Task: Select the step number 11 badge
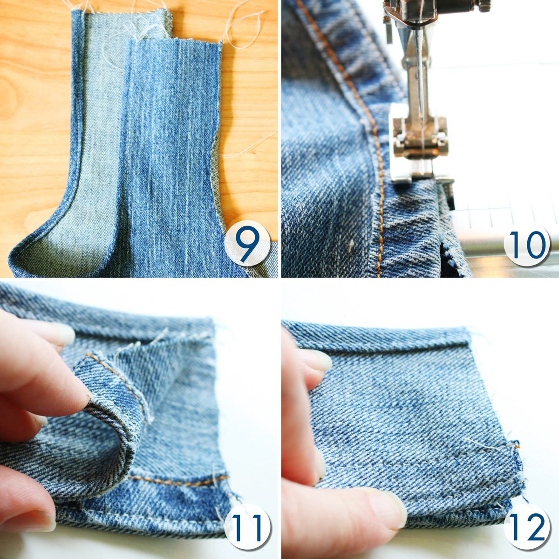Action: pyautogui.click(x=247, y=518)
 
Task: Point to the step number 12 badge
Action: pyautogui.click(x=526, y=518)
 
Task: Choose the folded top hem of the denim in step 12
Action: pyautogui.click(x=377, y=334)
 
